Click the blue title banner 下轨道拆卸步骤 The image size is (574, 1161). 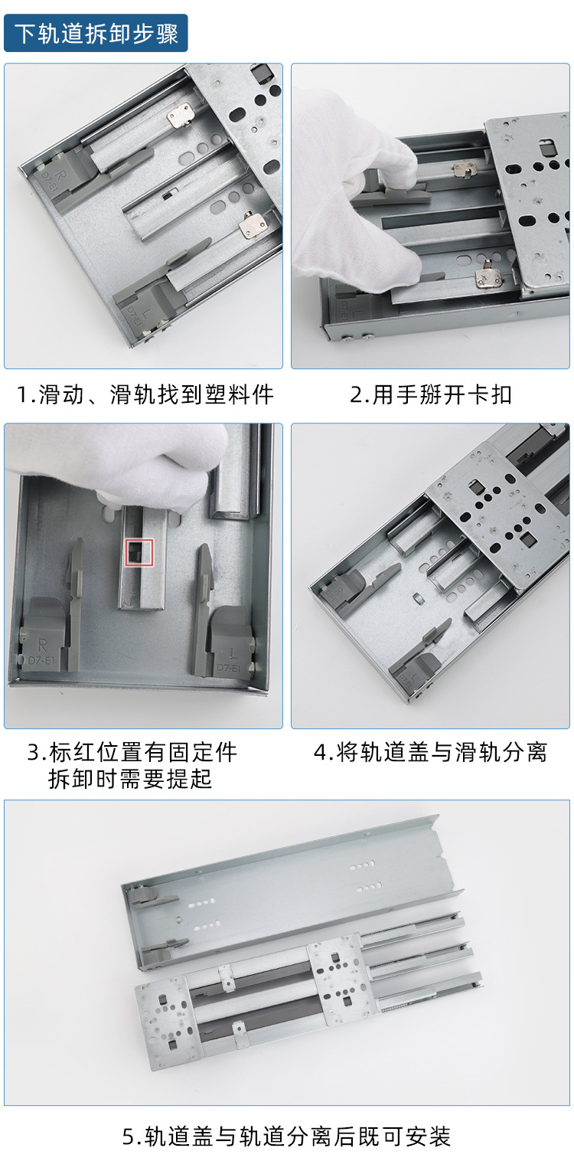tap(96, 34)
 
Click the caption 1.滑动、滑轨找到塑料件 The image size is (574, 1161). tap(145, 395)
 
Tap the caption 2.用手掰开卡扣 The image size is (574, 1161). tap(431, 395)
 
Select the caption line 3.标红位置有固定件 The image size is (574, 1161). tap(132, 752)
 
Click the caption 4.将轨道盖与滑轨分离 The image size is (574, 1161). tap(431, 752)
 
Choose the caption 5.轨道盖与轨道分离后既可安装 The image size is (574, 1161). tap(286, 1136)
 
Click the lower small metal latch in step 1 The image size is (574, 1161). tap(253, 226)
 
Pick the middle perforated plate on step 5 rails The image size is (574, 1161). tap(337, 976)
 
